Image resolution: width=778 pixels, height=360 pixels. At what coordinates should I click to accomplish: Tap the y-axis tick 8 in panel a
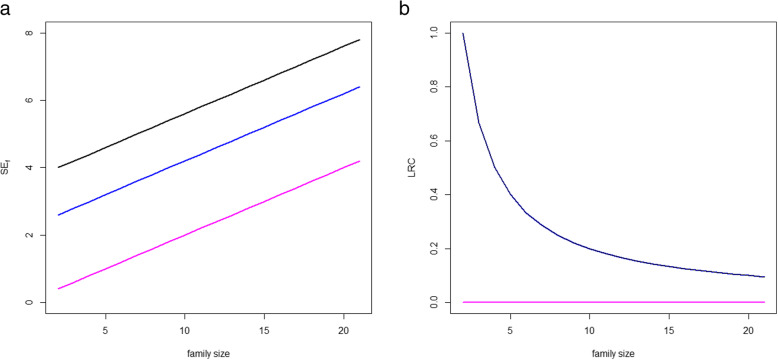point(29,33)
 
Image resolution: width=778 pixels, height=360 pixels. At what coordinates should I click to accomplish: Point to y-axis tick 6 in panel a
point(29,100)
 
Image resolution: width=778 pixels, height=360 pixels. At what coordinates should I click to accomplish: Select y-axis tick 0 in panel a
point(29,302)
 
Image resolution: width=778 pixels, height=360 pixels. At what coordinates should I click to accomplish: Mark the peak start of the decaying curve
point(463,34)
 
